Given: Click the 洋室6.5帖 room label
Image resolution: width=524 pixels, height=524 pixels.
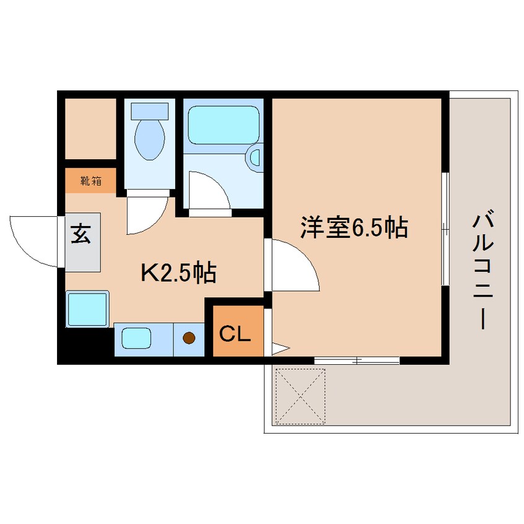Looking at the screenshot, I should pyautogui.click(x=353, y=227).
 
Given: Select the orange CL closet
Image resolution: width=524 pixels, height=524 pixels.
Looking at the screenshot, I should pyautogui.click(x=235, y=334).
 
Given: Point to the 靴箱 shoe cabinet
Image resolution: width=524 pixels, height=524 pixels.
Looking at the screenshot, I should pyautogui.click(x=91, y=181).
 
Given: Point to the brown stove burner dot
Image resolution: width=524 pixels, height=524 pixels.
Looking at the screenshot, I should pyautogui.click(x=190, y=339).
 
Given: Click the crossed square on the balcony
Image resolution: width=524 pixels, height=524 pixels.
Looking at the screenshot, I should pyautogui.click(x=300, y=396).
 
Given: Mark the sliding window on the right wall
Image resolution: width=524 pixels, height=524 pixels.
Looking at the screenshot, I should pyautogui.click(x=445, y=229).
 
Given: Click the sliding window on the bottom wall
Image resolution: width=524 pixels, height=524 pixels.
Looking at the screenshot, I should pyautogui.click(x=357, y=359).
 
